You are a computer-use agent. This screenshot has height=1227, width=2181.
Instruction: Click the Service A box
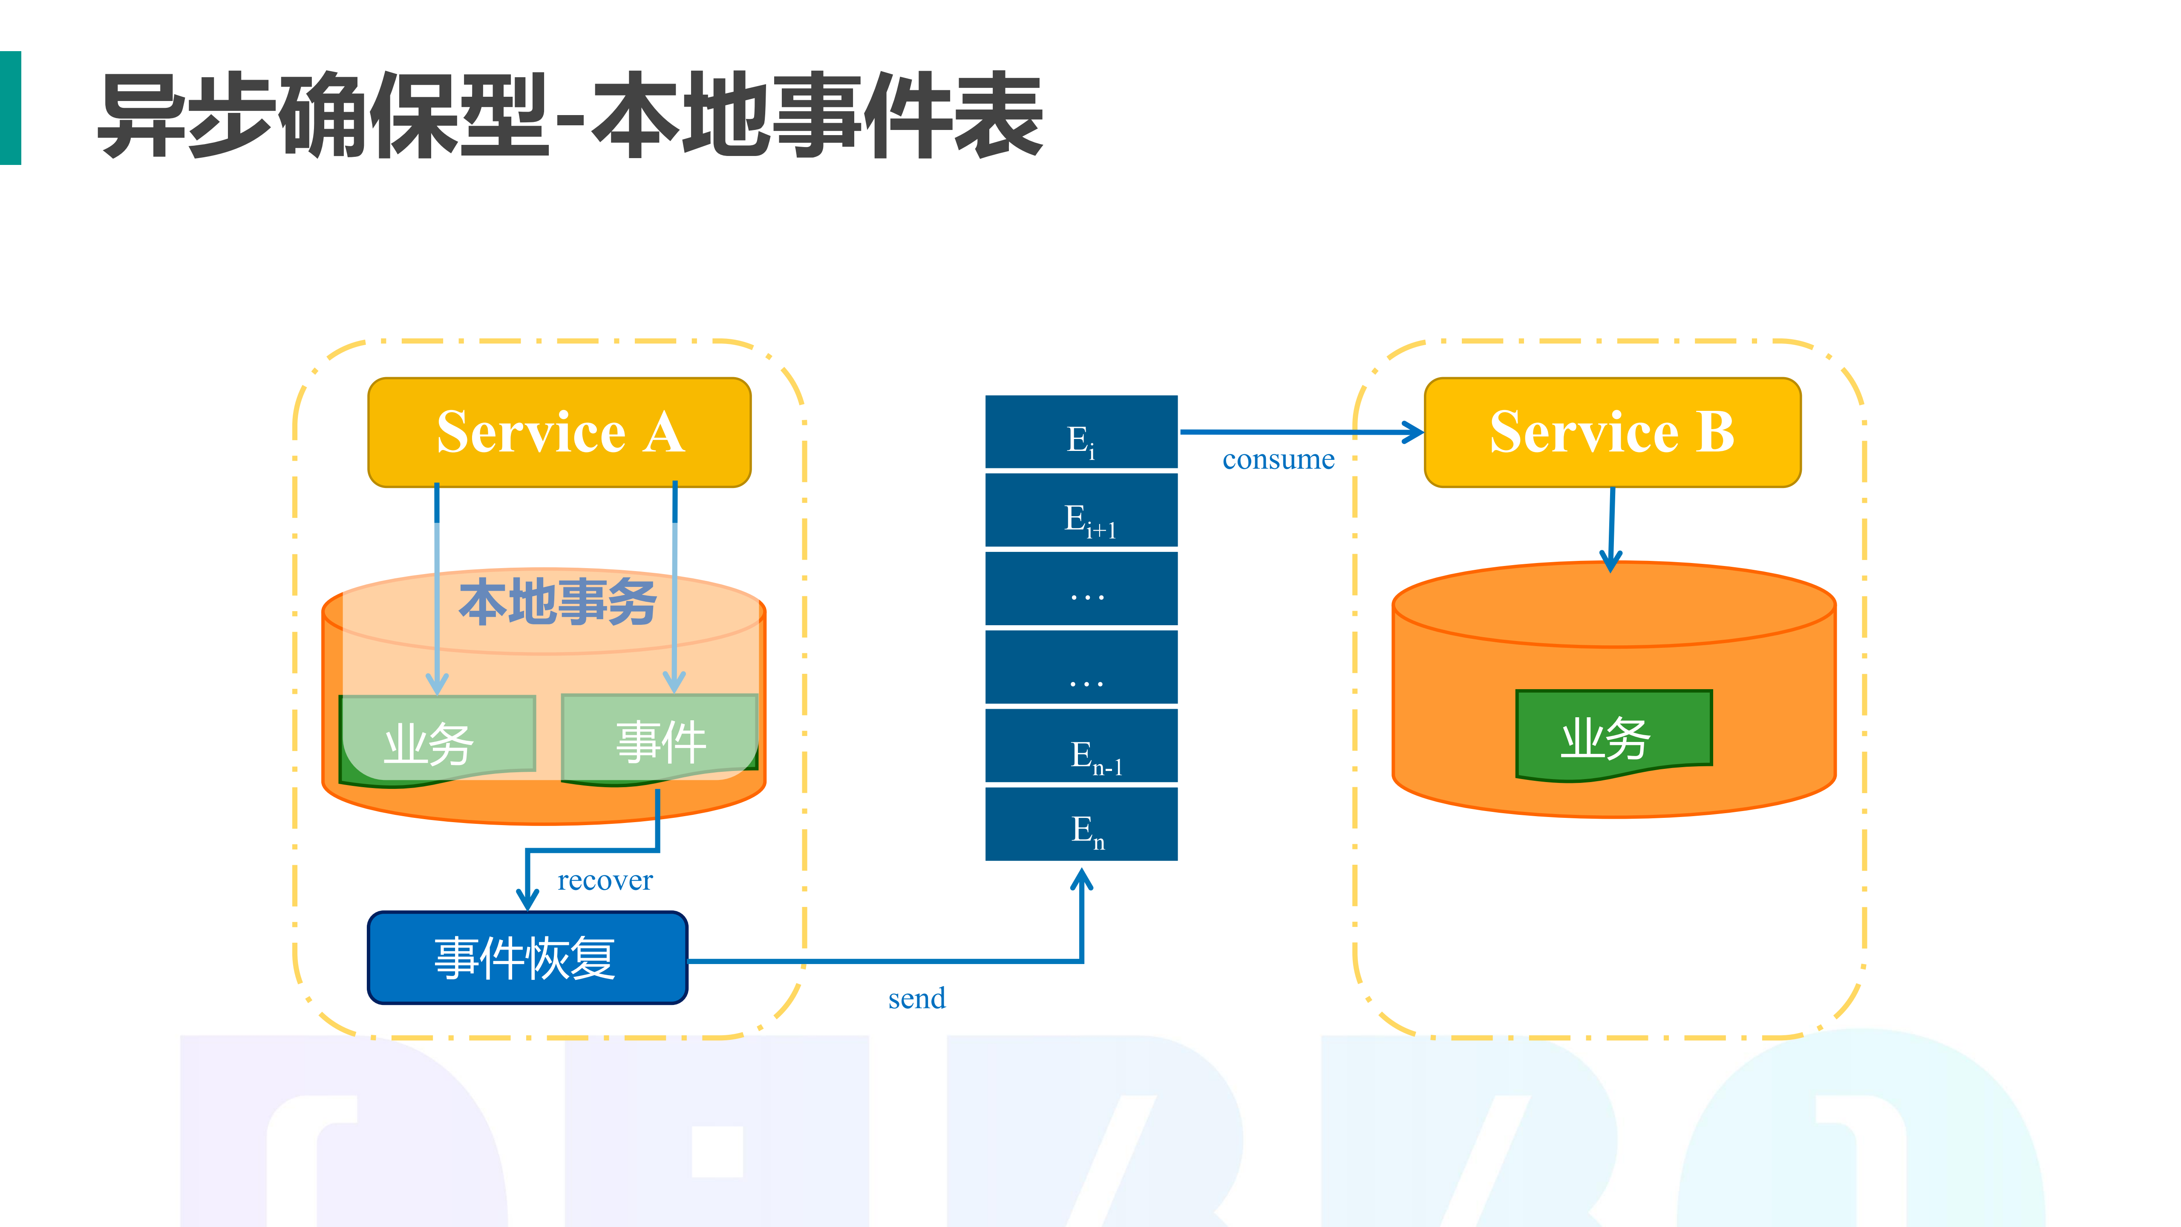[x=559, y=432]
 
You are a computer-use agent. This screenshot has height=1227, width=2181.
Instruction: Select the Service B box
[x=1612, y=432]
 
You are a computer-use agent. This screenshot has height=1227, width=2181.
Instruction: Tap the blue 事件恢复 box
[x=527, y=958]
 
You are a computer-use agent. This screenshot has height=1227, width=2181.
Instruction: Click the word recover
[x=605, y=881]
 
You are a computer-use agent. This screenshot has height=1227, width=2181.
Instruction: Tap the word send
[x=916, y=999]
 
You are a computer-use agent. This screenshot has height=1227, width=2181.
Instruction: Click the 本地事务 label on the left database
[x=557, y=602]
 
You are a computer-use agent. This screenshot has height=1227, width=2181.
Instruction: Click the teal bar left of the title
[x=10, y=107]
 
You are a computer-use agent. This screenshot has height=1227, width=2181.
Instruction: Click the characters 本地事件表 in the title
[x=817, y=114]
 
